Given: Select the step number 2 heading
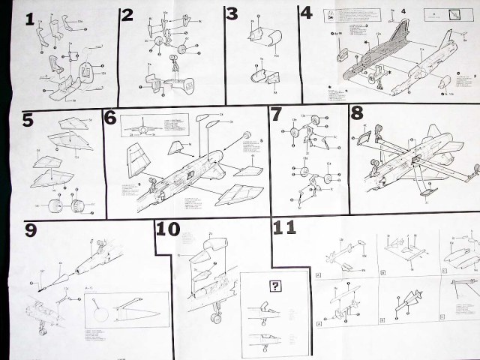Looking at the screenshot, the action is (127, 16).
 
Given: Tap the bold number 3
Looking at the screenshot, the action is (232, 14).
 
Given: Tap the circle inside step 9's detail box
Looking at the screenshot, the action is (102, 310).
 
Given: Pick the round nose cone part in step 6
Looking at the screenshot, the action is (245, 135).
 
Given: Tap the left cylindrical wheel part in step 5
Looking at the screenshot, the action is (53, 204).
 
